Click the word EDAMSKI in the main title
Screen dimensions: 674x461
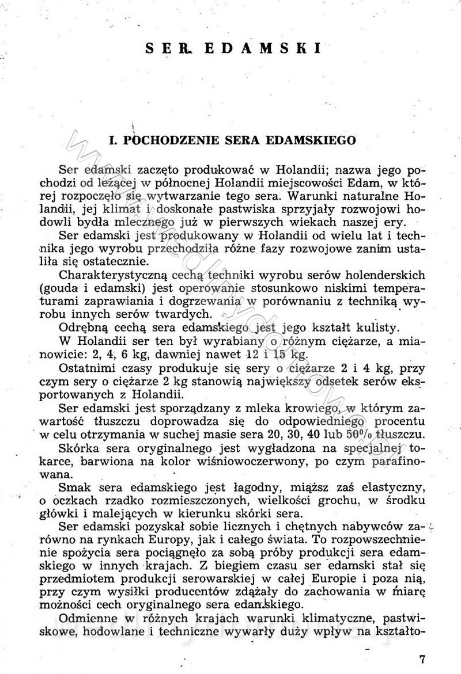(x=262, y=48)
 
